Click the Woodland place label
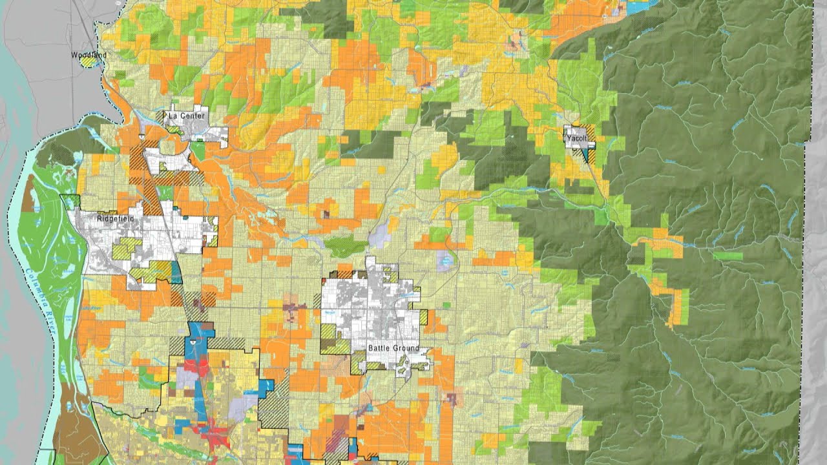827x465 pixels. (89, 56)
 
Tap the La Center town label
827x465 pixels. (187, 116)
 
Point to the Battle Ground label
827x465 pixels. (393, 349)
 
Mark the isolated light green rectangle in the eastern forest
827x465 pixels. (728, 256)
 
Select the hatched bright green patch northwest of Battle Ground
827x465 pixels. (345, 246)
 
